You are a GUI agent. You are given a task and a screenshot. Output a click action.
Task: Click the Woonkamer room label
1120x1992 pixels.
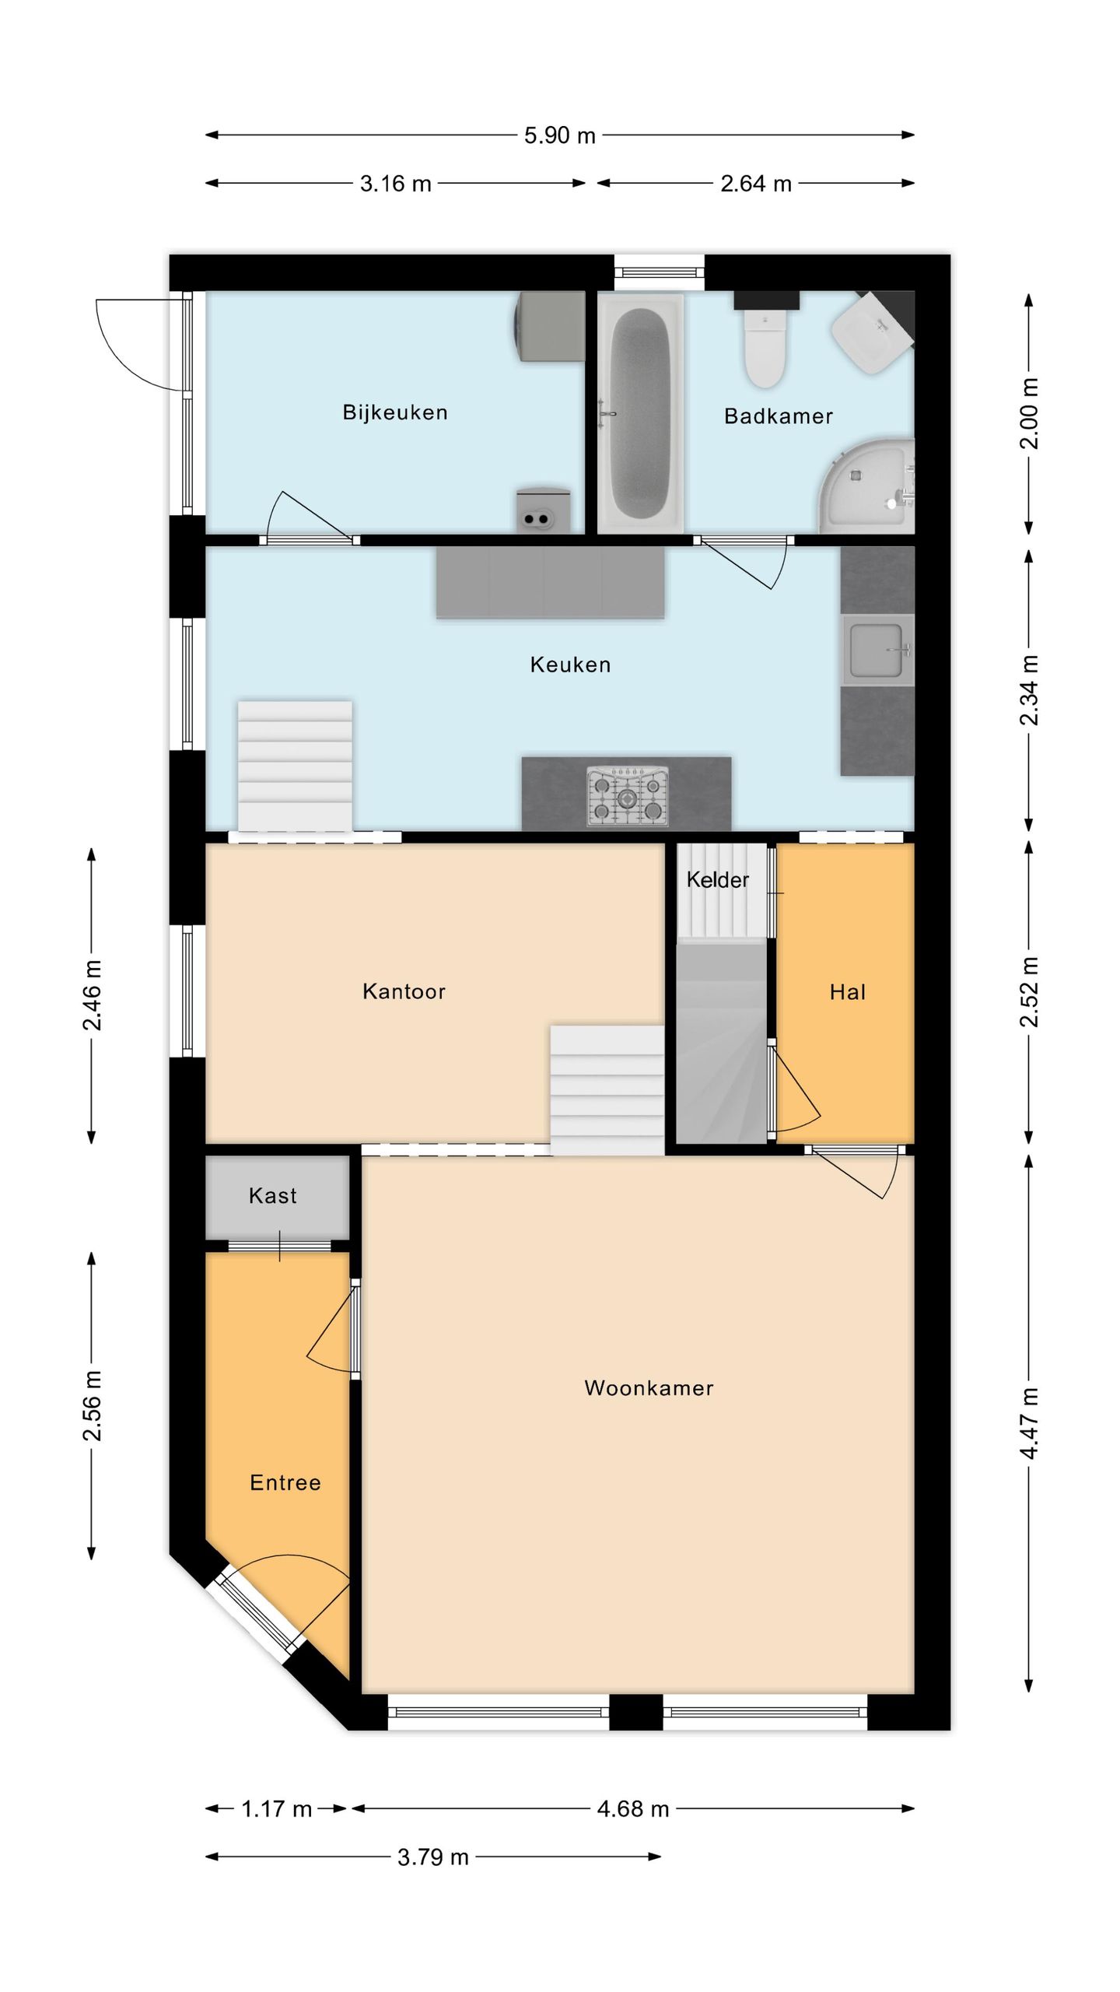pos(649,1388)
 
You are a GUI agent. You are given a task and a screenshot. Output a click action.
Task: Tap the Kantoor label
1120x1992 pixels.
pos(404,991)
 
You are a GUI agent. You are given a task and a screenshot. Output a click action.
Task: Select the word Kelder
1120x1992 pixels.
pos(717,880)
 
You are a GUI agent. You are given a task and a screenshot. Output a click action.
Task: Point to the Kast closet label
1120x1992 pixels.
pos(272,1196)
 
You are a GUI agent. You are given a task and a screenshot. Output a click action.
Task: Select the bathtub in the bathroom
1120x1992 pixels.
pos(640,412)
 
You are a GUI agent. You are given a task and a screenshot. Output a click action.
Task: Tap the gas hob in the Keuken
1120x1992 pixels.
pos(627,796)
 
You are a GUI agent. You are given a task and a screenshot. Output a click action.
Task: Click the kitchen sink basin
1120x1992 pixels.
pos(877,650)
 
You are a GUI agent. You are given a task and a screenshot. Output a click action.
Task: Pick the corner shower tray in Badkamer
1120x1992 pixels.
pos(866,486)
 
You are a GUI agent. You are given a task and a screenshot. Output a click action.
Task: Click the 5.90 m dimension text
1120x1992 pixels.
pos(559,135)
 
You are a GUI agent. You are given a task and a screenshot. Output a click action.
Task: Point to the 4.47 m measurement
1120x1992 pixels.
pos(1029,1424)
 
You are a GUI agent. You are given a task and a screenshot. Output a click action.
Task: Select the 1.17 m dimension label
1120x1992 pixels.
pos(276,1809)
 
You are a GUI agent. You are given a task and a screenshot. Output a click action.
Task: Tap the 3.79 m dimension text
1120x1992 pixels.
pos(433,1857)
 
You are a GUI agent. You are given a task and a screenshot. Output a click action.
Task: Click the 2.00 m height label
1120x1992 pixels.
pos(1029,413)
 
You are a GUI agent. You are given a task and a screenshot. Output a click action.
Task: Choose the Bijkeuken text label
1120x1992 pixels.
pos(395,412)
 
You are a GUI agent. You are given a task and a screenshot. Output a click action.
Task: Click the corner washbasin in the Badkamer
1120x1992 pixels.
pos(873,327)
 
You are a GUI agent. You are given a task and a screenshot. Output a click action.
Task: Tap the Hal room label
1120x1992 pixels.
pos(848,992)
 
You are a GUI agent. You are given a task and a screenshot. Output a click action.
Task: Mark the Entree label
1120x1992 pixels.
pos(285,1483)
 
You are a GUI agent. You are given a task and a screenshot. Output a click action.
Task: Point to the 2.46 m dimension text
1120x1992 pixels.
pos(92,995)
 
